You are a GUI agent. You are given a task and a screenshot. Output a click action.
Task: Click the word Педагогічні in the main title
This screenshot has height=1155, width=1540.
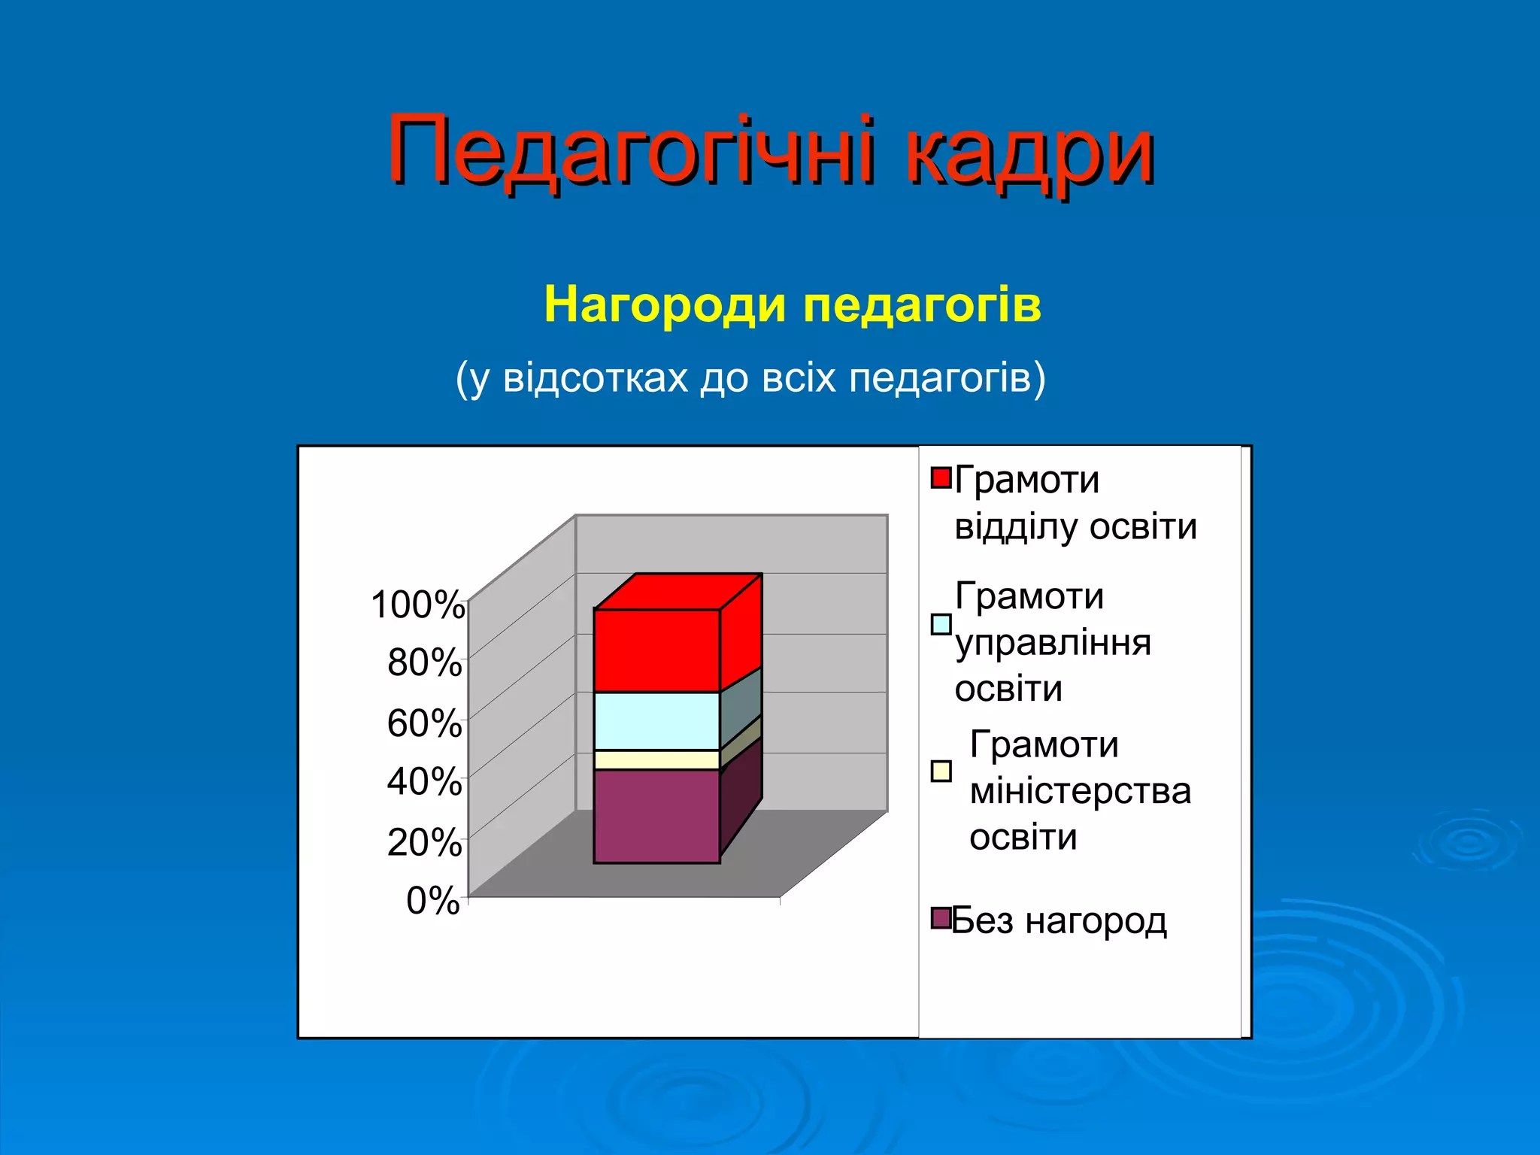630,150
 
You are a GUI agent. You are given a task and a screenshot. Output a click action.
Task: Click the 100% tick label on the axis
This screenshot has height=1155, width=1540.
418,605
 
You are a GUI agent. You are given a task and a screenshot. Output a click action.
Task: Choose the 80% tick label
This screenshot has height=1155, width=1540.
424,663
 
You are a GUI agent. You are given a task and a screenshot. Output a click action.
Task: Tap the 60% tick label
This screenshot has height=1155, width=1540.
424,723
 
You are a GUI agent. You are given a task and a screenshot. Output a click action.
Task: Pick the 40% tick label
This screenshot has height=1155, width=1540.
424,782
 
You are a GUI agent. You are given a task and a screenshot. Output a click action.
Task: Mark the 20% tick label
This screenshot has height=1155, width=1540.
424,842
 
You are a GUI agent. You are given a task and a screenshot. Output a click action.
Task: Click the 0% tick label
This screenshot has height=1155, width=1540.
433,900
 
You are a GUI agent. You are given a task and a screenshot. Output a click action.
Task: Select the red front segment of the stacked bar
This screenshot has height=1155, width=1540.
656,650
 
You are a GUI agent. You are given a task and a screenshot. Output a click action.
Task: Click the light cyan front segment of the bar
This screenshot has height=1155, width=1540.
656,720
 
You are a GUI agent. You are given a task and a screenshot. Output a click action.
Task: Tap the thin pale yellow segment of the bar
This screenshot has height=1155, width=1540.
656,759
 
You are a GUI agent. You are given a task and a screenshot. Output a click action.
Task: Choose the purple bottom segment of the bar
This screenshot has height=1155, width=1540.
656,816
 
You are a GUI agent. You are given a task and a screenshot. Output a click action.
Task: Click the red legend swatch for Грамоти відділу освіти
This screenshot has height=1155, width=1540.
941,477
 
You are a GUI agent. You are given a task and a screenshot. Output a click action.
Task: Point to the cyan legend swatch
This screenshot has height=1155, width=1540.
941,624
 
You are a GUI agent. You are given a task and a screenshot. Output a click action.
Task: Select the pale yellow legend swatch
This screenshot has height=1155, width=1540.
941,772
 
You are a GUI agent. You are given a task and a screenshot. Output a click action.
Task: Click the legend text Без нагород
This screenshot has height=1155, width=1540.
1059,920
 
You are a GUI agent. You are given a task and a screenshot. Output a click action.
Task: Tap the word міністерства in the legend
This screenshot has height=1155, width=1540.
1080,791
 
